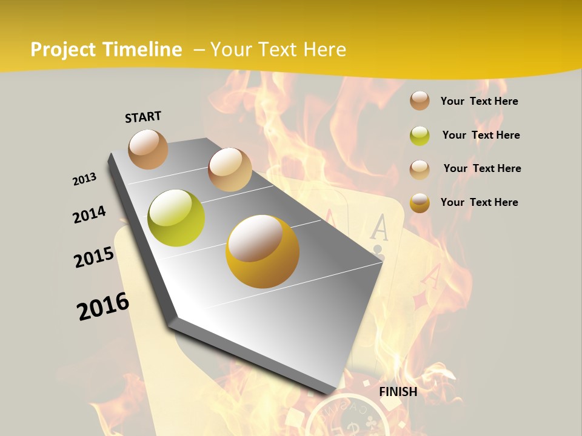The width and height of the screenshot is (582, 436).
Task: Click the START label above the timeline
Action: pos(143,117)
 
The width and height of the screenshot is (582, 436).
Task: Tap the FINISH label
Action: pos(398,392)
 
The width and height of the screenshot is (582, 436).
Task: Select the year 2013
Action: pos(85,179)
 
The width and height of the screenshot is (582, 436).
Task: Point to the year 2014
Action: pos(90,214)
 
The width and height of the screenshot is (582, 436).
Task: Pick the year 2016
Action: pos(103,306)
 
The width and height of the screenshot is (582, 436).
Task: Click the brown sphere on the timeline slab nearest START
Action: pos(148,149)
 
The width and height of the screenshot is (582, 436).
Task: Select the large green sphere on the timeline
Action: pos(176,218)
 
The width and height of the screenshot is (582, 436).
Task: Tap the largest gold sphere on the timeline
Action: pos(263,251)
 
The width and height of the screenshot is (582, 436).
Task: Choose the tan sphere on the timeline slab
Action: pos(230,170)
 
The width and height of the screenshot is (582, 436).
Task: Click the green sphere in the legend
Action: pos(420,136)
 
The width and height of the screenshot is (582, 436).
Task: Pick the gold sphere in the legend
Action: pos(420,203)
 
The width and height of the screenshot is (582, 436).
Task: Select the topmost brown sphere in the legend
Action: pos(420,101)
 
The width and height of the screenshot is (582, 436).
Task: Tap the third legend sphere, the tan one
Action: pos(420,169)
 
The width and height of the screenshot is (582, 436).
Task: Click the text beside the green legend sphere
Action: pos(481,135)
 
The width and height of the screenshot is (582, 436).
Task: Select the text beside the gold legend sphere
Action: pos(479,202)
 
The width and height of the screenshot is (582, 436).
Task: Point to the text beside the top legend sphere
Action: pos(479,101)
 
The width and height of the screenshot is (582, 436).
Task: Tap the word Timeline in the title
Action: pos(142,50)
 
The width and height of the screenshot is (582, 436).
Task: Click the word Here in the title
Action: pos(324,50)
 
